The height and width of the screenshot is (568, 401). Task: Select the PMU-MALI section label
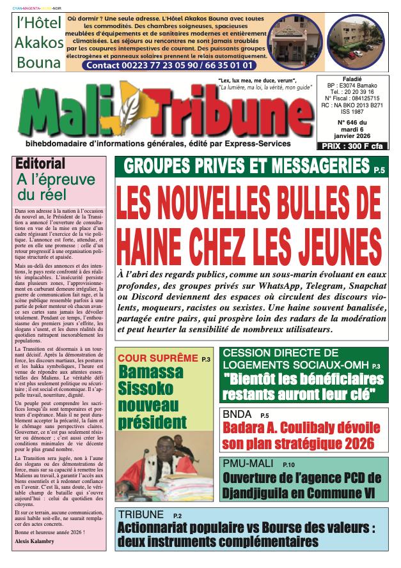[x=247, y=463]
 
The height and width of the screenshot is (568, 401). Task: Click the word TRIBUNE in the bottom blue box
[x=140, y=515]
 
